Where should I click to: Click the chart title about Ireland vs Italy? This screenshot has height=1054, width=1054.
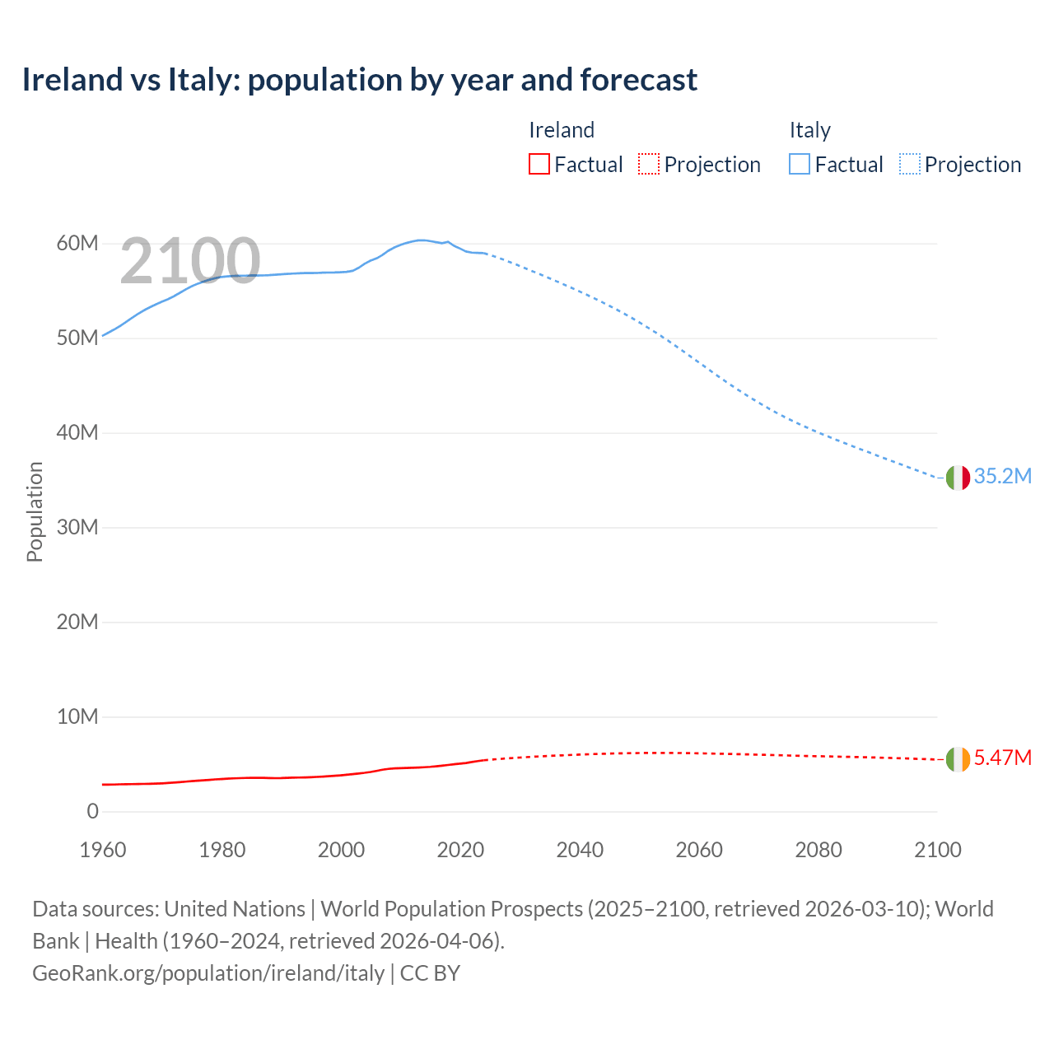coord(359,80)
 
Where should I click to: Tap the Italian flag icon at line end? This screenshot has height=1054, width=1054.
coord(958,478)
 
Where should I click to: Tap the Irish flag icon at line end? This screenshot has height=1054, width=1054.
coord(958,759)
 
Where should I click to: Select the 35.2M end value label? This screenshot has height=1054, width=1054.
coord(1002,477)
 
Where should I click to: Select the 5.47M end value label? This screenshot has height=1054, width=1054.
coord(1002,758)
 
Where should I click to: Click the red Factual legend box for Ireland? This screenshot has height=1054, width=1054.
coord(539,165)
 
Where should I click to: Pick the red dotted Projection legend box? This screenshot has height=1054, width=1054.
coord(649,165)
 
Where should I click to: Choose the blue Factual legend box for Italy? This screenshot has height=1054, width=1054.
coord(799,165)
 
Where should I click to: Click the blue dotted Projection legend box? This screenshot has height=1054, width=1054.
coord(909,165)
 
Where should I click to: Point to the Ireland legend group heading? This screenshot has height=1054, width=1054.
coord(561,130)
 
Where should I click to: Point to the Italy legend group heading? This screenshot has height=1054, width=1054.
coord(809,130)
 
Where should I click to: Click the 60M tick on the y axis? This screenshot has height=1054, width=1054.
coord(77,244)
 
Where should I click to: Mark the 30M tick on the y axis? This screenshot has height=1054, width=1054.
coord(77,527)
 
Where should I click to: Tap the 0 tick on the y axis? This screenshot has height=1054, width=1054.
coord(92,811)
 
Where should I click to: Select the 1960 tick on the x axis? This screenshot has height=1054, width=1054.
coord(103,850)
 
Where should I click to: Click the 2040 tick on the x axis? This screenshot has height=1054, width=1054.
coord(580,850)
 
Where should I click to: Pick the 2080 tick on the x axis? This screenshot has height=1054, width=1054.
coord(818,850)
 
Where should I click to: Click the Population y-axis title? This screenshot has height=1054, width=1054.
coord(35,511)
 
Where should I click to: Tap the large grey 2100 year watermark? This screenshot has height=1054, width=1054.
coord(190,262)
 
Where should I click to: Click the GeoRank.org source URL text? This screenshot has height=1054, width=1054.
coord(208,973)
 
